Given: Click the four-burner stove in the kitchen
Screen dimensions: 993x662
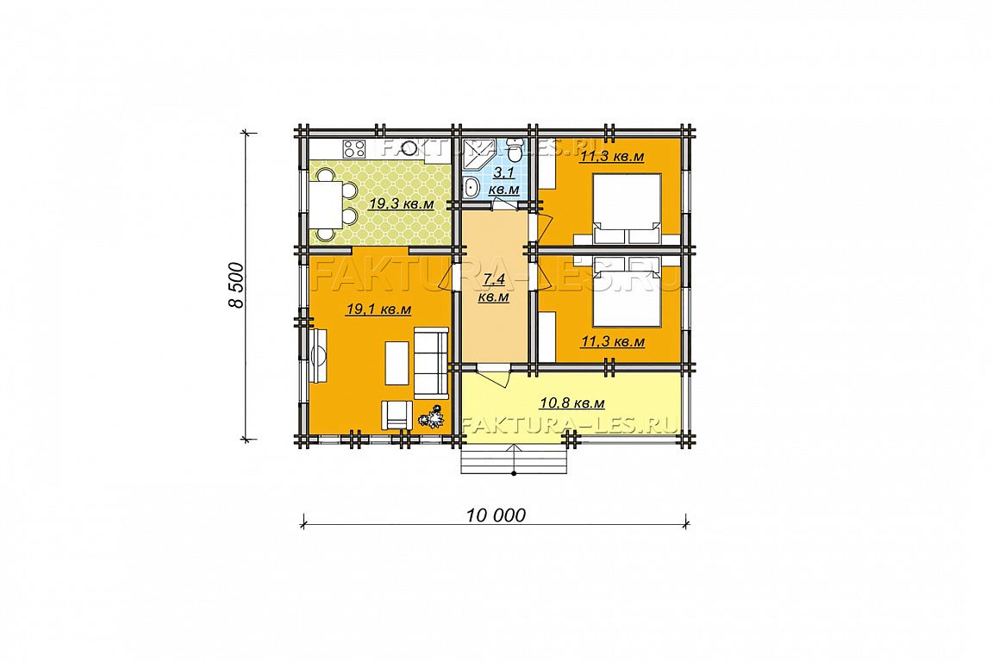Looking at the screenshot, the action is pyautogui.click(x=354, y=148).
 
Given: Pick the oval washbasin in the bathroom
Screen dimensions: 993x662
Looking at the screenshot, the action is pyautogui.click(x=471, y=188).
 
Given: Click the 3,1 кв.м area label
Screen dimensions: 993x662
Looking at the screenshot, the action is pyautogui.click(x=505, y=180).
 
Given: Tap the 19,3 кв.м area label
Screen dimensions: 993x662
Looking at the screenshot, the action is pyautogui.click(x=402, y=204).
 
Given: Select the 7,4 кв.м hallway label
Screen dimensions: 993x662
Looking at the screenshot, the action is pyautogui.click(x=494, y=288).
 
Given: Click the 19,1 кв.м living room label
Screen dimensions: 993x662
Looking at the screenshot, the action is pyautogui.click(x=378, y=309).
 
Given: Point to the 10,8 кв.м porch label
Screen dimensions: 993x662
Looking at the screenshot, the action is pyautogui.click(x=571, y=403).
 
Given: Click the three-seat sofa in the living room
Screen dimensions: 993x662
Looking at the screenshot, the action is pyautogui.click(x=431, y=363).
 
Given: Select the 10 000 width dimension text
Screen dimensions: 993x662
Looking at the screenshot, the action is pyautogui.click(x=496, y=515).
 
